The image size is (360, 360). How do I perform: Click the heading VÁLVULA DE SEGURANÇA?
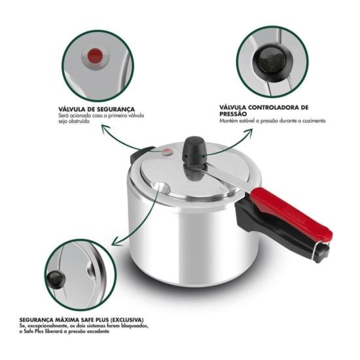pyautogui.click(x=96, y=109)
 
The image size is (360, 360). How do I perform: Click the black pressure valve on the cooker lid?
pyautogui.click(x=194, y=152)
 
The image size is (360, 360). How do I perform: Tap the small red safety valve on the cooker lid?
pyautogui.click(x=168, y=153)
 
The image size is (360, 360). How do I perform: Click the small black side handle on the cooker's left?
pyautogui.click(x=139, y=157)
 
